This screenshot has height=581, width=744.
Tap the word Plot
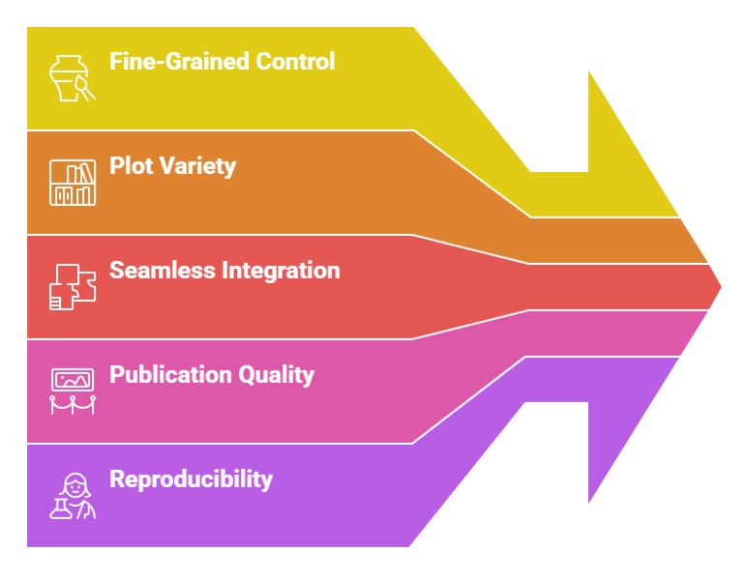tap(129, 166)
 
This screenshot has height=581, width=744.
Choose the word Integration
tap(281, 271)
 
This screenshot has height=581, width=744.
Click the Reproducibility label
tap(191, 479)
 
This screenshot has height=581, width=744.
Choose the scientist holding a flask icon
tap(73, 495)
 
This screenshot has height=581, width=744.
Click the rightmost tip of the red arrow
tap(720, 286)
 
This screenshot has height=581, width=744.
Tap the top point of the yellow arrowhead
tap(589, 73)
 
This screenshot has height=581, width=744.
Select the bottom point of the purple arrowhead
tap(589, 501)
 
